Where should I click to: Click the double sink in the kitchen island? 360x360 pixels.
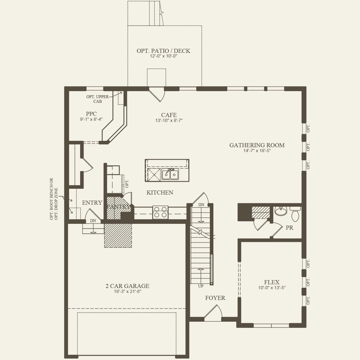click(x=170, y=174)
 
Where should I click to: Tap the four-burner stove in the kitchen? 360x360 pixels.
click(x=160, y=212)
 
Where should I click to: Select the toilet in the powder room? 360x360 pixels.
click(x=295, y=214)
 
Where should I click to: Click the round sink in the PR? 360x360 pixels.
click(x=281, y=211)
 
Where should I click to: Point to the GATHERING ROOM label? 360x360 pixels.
click(x=257, y=145)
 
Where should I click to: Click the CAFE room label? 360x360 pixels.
click(x=169, y=115)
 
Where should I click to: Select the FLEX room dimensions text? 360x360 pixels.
click(x=272, y=288)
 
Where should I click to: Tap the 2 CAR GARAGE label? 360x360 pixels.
click(x=127, y=286)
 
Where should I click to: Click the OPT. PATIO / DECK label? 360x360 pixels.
click(x=163, y=51)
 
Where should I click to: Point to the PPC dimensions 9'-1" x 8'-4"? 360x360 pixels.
click(x=91, y=119)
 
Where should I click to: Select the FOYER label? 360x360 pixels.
click(x=215, y=298)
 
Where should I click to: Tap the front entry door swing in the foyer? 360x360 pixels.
click(x=213, y=311)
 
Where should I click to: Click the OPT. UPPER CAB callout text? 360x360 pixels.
click(x=97, y=99)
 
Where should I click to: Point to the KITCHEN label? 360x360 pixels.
click(x=160, y=192)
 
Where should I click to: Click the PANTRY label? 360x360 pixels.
click(x=118, y=207)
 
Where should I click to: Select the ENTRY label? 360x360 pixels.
click(x=92, y=203)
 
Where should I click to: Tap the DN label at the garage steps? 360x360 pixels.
click(x=93, y=221)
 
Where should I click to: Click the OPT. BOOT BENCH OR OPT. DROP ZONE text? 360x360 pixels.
click(x=54, y=199)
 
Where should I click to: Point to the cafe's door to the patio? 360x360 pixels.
click(x=157, y=94)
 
